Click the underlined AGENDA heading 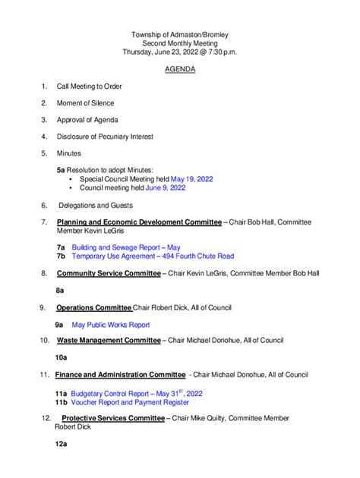click(180, 69)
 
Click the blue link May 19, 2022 click(191, 179)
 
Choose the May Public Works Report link click(110, 325)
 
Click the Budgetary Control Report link click(137, 394)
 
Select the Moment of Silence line click(85, 103)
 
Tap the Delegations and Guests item click(96, 205)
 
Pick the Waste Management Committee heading click(109, 341)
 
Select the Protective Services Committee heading click(113, 418)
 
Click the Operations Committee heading click(94, 307)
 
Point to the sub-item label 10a click(62, 357)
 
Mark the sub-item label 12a click(62, 443)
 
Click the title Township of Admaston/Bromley click(179, 35)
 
